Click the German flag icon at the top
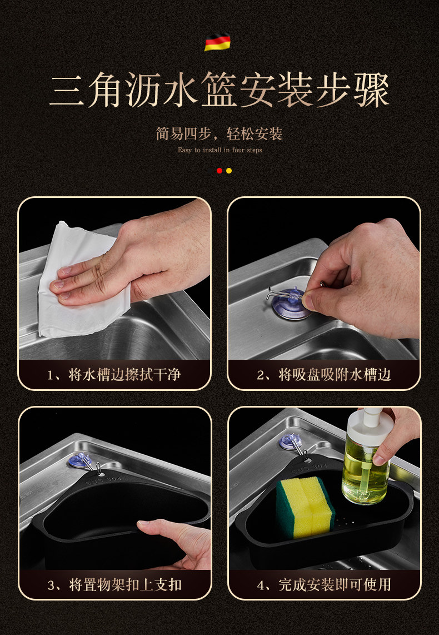tap(217, 42)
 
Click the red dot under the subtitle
tap(219, 171)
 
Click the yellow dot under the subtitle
tap(229, 171)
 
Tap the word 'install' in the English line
tap(212, 150)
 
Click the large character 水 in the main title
tap(180, 90)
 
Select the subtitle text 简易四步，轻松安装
tap(219, 133)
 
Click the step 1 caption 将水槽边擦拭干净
tap(124, 375)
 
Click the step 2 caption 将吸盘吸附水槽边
tap(335, 375)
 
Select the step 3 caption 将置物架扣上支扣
tap(125, 585)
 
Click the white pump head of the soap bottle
tap(370, 421)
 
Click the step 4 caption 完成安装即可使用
tap(335, 585)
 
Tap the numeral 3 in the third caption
tap(51, 586)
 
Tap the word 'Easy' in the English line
tap(184, 150)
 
